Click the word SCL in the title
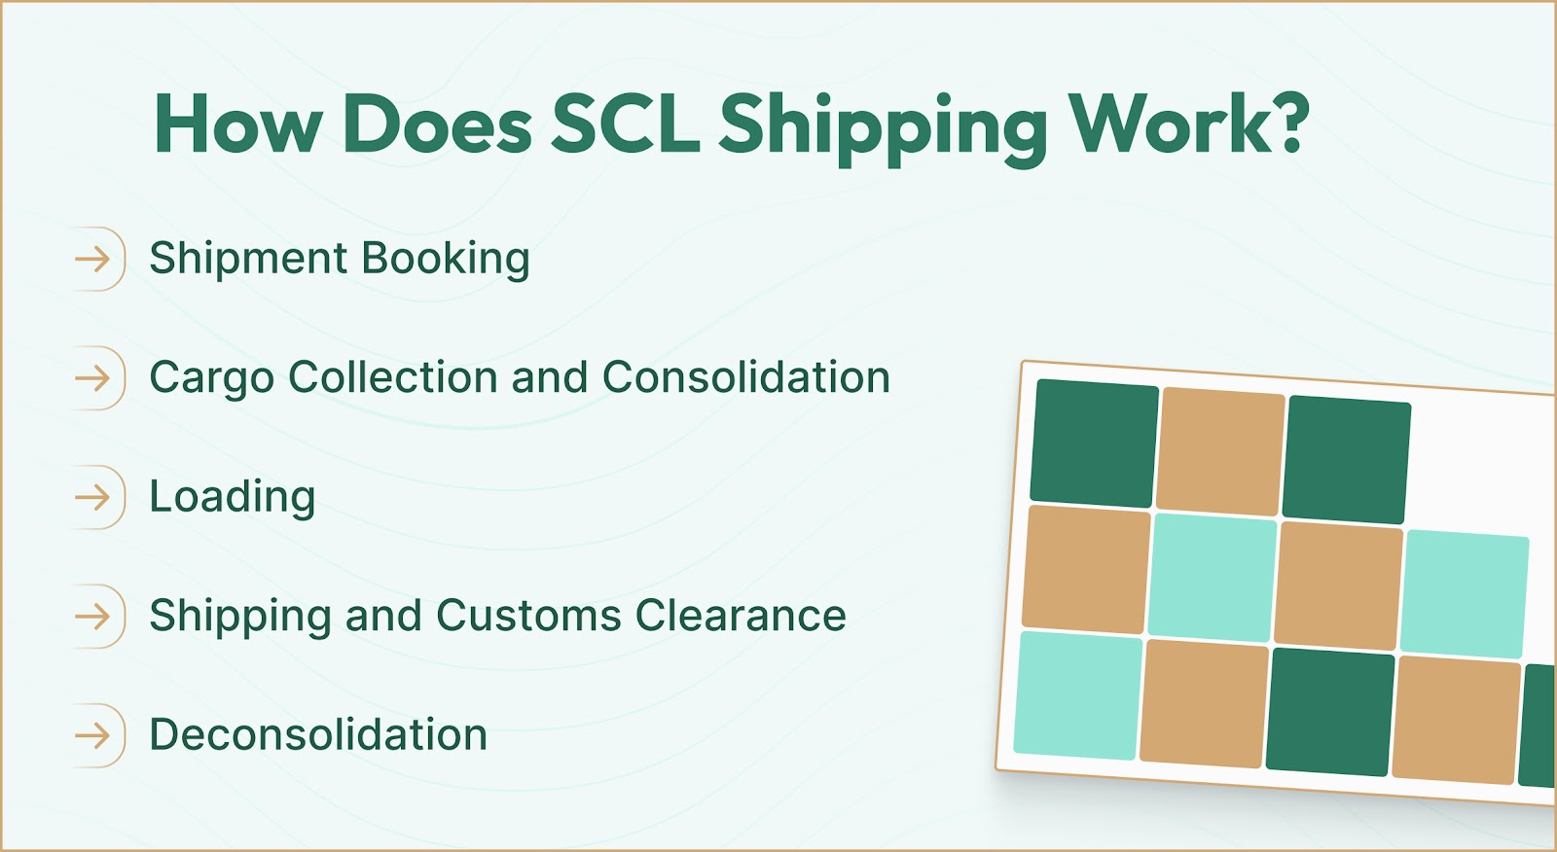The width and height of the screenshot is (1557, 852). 625,125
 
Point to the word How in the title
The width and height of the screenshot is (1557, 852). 237,125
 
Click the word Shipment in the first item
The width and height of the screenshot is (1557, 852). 248,259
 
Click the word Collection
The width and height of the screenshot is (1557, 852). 393,377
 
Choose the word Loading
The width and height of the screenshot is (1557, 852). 232,498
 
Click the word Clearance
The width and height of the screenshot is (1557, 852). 741,616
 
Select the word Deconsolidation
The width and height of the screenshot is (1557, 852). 318,735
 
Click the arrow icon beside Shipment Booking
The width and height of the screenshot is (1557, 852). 93,259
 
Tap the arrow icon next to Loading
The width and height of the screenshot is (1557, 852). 93,498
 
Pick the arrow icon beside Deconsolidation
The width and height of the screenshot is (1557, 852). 93,735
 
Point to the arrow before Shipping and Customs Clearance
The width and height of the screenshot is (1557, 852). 93,616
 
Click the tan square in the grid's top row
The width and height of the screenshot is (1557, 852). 1220,450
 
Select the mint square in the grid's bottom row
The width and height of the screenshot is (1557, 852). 1077,694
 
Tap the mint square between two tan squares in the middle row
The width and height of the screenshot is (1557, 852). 1212,577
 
